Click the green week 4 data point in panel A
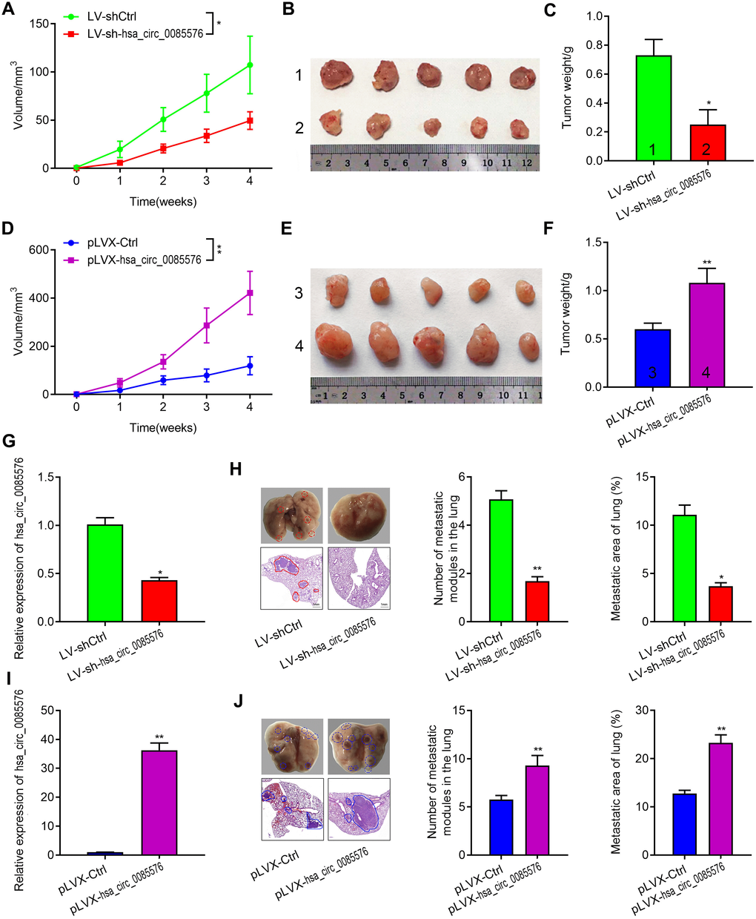pyautogui.click(x=250, y=65)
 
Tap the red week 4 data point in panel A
pyautogui.click(x=250, y=120)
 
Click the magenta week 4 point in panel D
pyautogui.click(x=250, y=293)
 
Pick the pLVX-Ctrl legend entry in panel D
pyautogui.click(x=111, y=243)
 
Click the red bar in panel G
pyautogui.click(x=159, y=601)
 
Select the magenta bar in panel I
pyautogui.click(x=159, y=803)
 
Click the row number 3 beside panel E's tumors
pyautogui.click(x=299, y=293)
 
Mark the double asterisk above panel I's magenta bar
pyautogui.click(x=159, y=737)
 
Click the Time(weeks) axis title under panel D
pyautogui.click(x=163, y=428)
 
